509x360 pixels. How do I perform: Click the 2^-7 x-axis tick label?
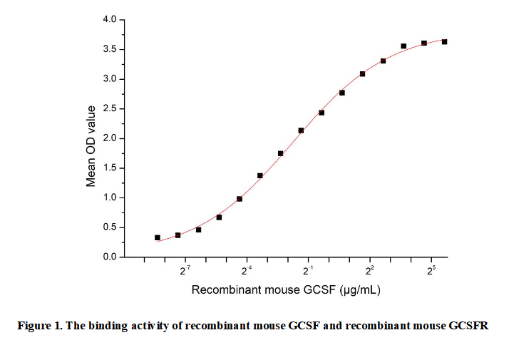click(185, 272)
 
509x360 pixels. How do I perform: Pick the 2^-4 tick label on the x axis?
click(247, 272)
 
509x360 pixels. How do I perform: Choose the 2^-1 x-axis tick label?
click(309, 272)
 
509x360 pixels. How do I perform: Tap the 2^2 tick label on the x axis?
click(371, 272)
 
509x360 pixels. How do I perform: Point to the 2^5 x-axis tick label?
click(432, 272)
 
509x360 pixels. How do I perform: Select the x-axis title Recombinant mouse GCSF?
click(264, 291)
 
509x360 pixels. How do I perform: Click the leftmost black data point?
click(158, 237)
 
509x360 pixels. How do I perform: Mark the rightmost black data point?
click(445, 42)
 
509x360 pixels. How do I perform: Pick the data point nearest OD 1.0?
click(240, 199)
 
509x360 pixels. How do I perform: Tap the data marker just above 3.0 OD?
click(363, 73)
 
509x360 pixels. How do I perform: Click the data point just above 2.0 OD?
click(301, 130)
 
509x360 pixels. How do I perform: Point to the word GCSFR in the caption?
click(468, 326)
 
